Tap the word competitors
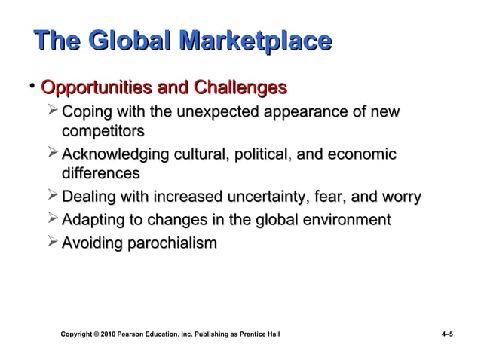[x=103, y=132]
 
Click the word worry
[x=399, y=198]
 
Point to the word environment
[x=343, y=221]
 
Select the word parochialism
[x=171, y=243]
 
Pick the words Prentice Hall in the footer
[x=261, y=333]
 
